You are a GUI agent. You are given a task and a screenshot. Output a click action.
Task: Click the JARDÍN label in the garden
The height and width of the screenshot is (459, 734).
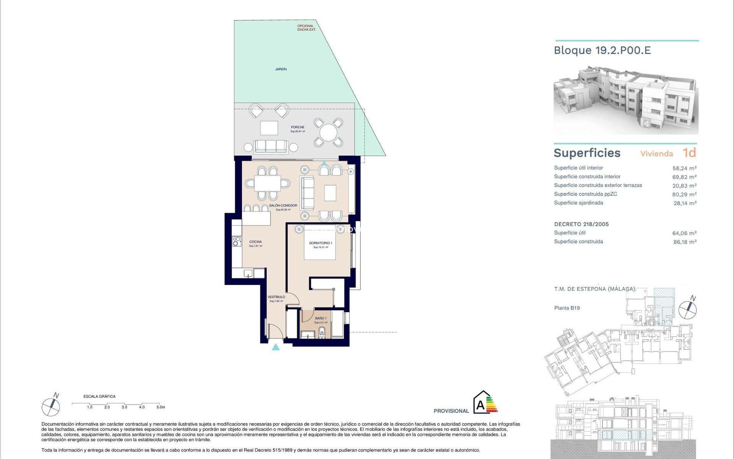(x=281, y=69)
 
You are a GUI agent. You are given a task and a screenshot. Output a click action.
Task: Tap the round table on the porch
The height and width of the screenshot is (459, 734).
(x=328, y=133)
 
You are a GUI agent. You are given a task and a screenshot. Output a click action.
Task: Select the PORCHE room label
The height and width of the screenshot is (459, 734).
(x=297, y=127)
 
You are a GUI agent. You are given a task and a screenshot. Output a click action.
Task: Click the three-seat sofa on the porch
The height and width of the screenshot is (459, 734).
(x=271, y=146)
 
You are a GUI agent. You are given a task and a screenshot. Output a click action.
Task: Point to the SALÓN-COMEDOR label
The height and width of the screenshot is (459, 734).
(x=283, y=206)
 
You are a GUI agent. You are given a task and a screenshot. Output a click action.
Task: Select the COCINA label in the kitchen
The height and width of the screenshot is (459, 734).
(x=255, y=242)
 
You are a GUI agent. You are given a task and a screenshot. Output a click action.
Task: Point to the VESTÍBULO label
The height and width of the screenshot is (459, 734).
(x=276, y=297)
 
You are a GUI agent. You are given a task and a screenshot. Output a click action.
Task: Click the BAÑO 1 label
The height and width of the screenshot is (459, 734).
(x=320, y=318)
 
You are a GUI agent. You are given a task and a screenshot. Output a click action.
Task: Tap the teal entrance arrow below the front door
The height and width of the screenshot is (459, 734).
(x=276, y=347)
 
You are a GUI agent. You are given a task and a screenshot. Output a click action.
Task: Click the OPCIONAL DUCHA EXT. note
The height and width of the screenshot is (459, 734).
(x=306, y=28)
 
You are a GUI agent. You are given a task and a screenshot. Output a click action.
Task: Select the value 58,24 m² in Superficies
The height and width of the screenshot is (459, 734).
(x=684, y=168)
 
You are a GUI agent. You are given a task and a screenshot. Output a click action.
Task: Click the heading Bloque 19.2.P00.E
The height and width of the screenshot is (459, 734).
(x=602, y=50)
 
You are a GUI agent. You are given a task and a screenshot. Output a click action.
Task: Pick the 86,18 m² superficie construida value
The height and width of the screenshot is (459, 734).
(x=685, y=242)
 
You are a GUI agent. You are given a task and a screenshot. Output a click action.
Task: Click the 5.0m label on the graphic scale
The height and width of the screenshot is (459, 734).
(x=161, y=407)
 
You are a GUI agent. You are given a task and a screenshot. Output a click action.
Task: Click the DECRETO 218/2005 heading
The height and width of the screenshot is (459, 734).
(x=581, y=225)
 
